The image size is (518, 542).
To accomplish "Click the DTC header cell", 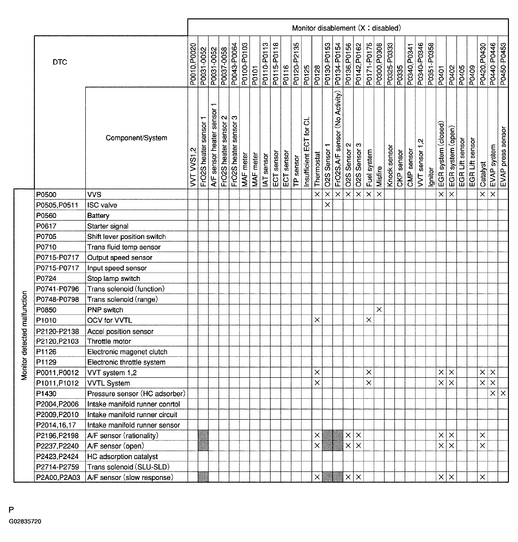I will (x=60, y=62).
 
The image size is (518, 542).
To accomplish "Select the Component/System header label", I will (x=136, y=138).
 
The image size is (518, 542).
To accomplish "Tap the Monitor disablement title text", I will (x=346, y=28).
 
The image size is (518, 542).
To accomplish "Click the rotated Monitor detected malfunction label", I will (x=24, y=335).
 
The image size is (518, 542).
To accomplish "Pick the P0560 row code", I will (x=46, y=215).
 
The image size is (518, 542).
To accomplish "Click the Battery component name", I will (x=98, y=215).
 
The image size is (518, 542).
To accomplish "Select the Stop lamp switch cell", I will (x=114, y=278).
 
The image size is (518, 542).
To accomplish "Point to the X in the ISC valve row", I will (x=327, y=205).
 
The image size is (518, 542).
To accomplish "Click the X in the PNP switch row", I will (x=379, y=310).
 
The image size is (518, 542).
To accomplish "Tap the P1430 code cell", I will (x=46, y=393).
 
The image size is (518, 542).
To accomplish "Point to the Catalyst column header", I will (x=483, y=174).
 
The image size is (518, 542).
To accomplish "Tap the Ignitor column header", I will (x=431, y=176).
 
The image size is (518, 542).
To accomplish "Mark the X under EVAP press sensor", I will (x=503, y=393).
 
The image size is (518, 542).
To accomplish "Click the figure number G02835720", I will (x=25, y=521).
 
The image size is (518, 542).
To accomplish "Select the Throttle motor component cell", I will (x=109, y=341).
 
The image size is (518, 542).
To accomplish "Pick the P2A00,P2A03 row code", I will (x=58, y=478).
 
